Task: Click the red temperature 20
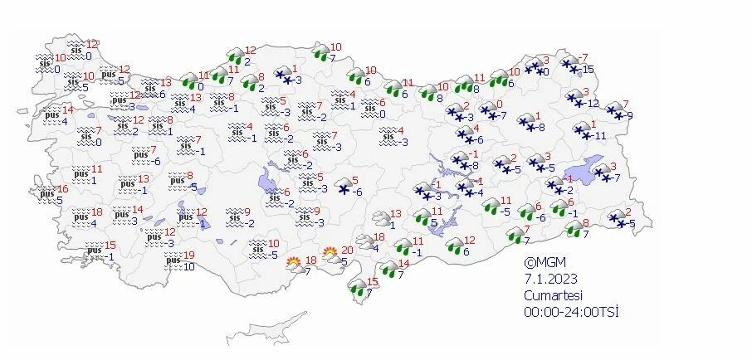[348, 250]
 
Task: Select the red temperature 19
[189, 255]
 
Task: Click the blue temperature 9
[630, 115]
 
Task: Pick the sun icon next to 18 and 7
[293, 265]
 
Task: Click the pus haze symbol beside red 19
[173, 260]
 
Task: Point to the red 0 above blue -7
[499, 105]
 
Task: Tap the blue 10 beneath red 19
[190, 266]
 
